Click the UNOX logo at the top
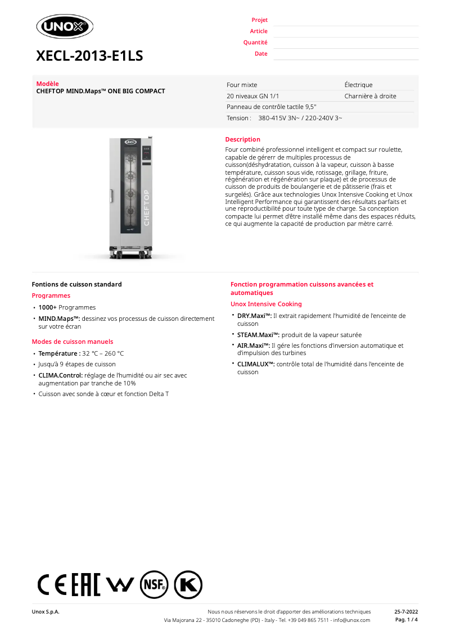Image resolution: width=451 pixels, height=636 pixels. (65, 26)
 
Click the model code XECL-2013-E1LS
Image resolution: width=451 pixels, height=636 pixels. (89, 56)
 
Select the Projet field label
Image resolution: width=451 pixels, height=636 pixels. (259, 20)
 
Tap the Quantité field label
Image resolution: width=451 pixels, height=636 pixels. (255, 43)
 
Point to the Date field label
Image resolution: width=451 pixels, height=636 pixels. (261, 54)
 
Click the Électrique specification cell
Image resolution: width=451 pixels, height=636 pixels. (358, 85)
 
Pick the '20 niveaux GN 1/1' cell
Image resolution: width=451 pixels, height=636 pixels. (252, 96)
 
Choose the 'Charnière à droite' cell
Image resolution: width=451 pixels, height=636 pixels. (370, 96)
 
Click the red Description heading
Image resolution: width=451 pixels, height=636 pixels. (242, 139)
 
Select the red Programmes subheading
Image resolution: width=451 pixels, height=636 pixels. (51, 296)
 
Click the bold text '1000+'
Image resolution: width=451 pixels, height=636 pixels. (47, 307)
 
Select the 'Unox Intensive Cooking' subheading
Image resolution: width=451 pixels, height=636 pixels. (266, 304)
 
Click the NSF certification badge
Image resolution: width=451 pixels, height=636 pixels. (154, 585)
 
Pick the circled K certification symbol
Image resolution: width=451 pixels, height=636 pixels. (188, 585)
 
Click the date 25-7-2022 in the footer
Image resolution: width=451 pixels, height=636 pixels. (406, 612)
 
